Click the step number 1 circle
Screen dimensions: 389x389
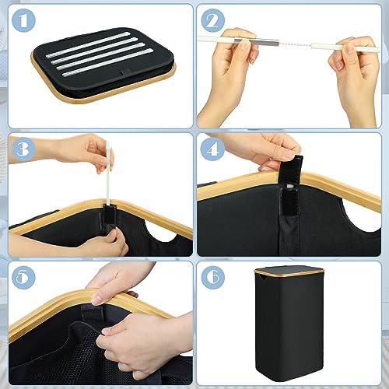(x=23, y=20)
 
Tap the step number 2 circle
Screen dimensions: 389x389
(x=212, y=20)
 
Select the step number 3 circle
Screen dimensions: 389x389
(x=23, y=149)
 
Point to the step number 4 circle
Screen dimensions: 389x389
(x=212, y=149)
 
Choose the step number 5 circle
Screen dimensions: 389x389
(x=23, y=278)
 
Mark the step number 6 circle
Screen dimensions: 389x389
(x=212, y=278)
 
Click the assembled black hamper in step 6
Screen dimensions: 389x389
(x=289, y=324)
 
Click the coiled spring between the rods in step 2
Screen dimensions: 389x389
(x=295, y=44)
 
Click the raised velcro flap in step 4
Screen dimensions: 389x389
(x=291, y=169)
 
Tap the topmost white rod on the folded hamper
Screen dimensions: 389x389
(x=88, y=44)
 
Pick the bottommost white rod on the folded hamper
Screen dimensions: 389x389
(x=107, y=62)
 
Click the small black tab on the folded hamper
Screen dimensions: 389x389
(x=126, y=72)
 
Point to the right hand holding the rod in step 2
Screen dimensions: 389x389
(x=356, y=75)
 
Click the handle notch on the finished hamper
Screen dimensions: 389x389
(x=261, y=278)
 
